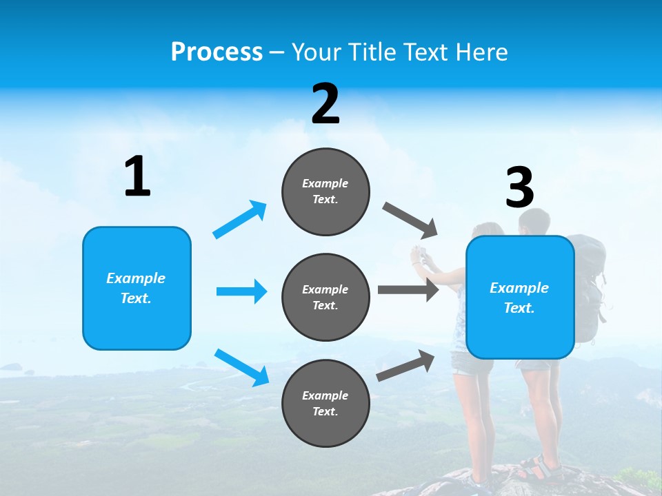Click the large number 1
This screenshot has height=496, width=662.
(137, 177)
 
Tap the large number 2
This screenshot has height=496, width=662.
(325, 104)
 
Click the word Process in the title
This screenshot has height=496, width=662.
(217, 52)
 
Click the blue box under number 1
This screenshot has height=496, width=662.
(137, 288)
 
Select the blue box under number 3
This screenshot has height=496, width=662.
(520, 298)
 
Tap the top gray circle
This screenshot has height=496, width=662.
(325, 192)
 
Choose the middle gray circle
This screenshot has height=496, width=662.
(325, 298)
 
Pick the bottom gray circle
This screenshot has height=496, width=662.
(325, 404)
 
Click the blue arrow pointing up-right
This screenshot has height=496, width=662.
(240, 220)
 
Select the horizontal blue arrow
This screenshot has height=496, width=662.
(241, 291)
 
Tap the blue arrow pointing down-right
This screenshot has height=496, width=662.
(241, 366)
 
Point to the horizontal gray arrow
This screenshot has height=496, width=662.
(408, 289)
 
